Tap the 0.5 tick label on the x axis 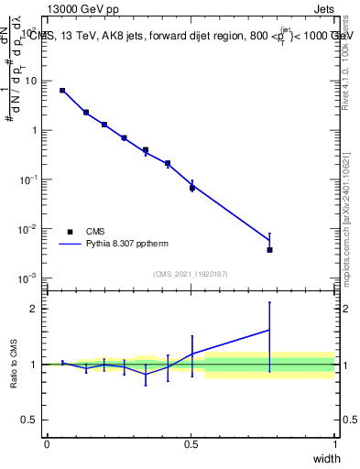click(191, 444)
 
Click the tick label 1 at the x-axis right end click(334, 444)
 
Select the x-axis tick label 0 click(47, 444)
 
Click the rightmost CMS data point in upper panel click(269, 249)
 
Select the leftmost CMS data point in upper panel click(62, 91)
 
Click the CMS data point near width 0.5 click(192, 188)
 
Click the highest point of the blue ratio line click(269, 330)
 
